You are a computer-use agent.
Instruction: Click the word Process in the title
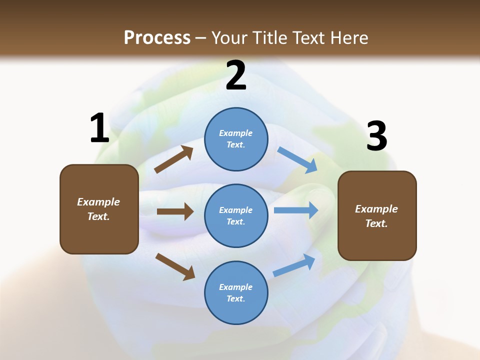pyautogui.click(x=157, y=38)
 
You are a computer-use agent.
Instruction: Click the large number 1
pyautogui.click(x=99, y=128)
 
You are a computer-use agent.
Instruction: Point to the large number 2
pyautogui.click(x=236, y=75)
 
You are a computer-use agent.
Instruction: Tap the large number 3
pyautogui.click(x=376, y=136)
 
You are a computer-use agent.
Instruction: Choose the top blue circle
pyautogui.click(x=236, y=138)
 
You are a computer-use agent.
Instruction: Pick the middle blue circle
pyautogui.click(x=236, y=215)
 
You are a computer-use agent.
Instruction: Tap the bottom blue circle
pyautogui.click(x=236, y=292)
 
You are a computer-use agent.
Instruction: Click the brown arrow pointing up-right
pyautogui.click(x=174, y=159)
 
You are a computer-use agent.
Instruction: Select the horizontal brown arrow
pyautogui.click(x=175, y=211)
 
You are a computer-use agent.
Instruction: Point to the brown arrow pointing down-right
pyautogui.click(x=175, y=266)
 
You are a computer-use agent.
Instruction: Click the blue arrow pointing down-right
pyautogui.click(x=297, y=160)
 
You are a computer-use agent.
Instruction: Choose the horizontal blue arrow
pyautogui.click(x=296, y=210)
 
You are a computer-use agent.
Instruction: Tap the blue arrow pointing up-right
pyautogui.click(x=294, y=265)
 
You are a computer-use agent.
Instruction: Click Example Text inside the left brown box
pyautogui.click(x=98, y=209)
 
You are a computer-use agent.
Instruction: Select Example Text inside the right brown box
pyautogui.click(x=376, y=216)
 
